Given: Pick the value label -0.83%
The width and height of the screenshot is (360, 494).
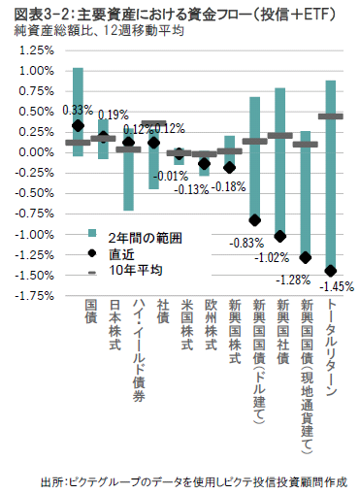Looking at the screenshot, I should point(241,243).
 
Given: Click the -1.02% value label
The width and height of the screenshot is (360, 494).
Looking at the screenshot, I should point(266,259).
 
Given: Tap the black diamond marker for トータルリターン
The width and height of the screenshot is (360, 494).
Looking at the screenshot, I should point(331,271).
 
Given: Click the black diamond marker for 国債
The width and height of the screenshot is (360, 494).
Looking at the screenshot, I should point(79,125).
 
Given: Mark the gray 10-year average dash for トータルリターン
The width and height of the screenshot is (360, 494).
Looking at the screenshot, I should point(331,116).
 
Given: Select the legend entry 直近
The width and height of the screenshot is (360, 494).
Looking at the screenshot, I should point(119,251).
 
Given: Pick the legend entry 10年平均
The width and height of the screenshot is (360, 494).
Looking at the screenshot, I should point(127,268).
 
